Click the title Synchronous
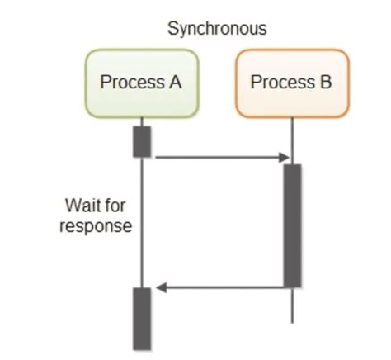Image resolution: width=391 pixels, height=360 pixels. pyautogui.click(x=217, y=29)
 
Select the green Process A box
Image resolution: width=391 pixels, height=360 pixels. pyautogui.click(x=141, y=83)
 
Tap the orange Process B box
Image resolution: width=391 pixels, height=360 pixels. pyautogui.click(x=292, y=83)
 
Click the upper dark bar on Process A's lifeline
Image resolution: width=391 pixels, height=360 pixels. pyautogui.click(x=142, y=141)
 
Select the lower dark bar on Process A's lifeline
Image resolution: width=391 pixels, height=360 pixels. pyautogui.click(x=142, y=318)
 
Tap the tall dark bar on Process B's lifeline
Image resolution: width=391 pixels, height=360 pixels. pyautogui.click(x=292, y=225)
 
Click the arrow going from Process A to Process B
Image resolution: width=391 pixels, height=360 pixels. pyautogui.click(x=219, y=157)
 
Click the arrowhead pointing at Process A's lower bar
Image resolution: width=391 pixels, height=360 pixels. pyautogui.click(x=161, y=287)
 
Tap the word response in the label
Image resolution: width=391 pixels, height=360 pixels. pyautogui.click(x=96, y=225)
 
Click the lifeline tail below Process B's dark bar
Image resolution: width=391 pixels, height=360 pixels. pyautogui.click(x=292, y=306)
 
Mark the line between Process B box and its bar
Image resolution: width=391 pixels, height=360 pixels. pyautogui.click(x=292, y=140)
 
